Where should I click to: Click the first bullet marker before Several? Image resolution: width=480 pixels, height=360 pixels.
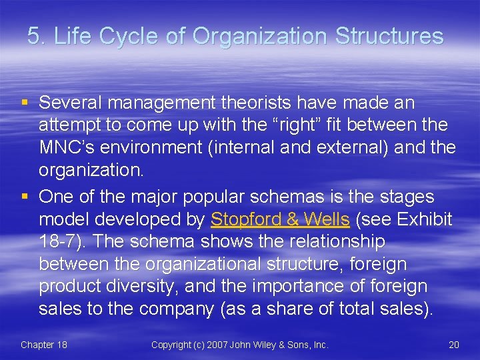point(25,103)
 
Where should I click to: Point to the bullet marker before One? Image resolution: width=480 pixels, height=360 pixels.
point(25,197)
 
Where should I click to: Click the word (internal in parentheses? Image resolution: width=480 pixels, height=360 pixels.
point(233,147)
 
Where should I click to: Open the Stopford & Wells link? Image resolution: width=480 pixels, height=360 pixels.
point(280,219)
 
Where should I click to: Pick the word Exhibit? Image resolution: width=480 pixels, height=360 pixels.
point(426,219)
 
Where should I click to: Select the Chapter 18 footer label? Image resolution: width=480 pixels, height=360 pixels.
point(44,345)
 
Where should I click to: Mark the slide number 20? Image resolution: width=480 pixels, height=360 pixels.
point(453,345)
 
